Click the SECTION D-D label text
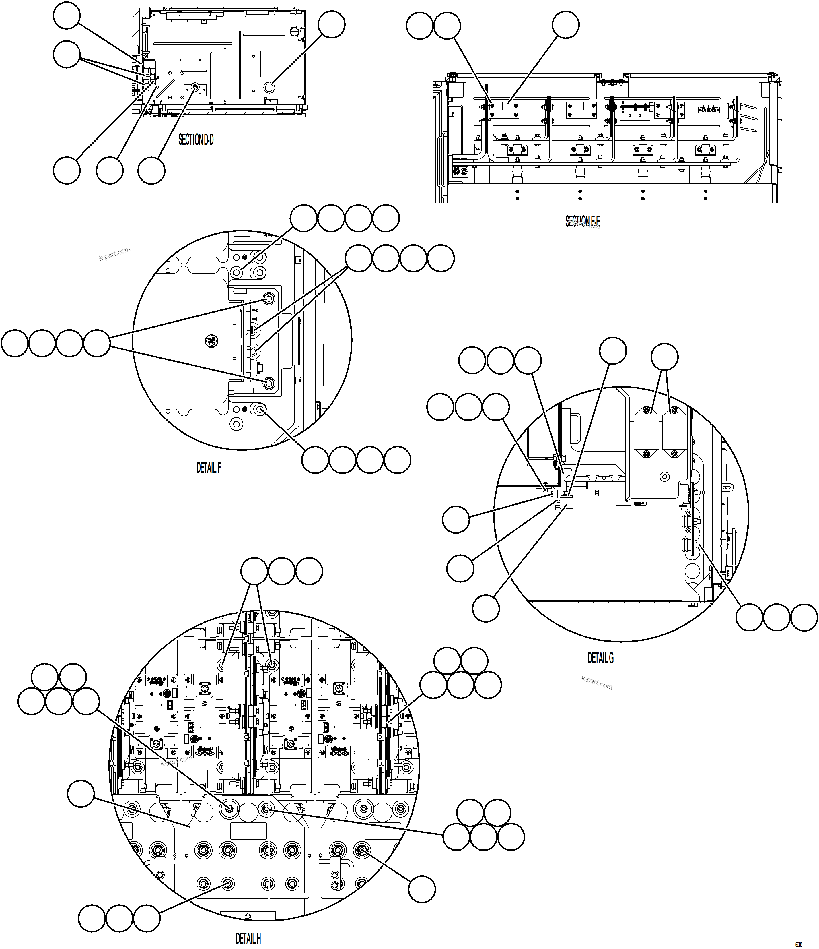tap(196, 140)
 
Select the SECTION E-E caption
tap(582, 222)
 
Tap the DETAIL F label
tap(209, 468)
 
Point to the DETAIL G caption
tap(601, 658)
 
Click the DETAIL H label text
tap(248, 938)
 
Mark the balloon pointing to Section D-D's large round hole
tap(331, 24)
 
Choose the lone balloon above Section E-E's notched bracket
tap(565, 24)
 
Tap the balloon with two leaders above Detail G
tap(665, 357)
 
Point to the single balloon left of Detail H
tap(81, 794)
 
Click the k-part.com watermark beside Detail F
tap(114, 253)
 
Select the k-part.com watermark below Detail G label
tap(596, 682)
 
